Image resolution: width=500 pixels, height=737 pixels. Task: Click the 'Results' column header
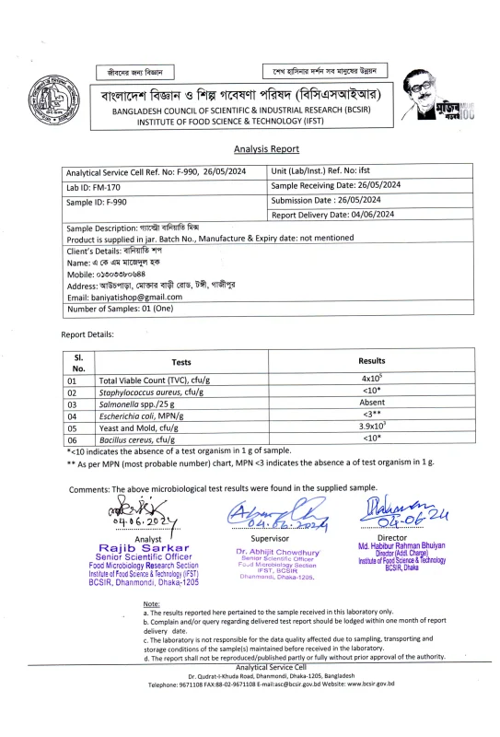point(371,361)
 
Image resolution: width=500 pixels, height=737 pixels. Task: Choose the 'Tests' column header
point(181,363)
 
